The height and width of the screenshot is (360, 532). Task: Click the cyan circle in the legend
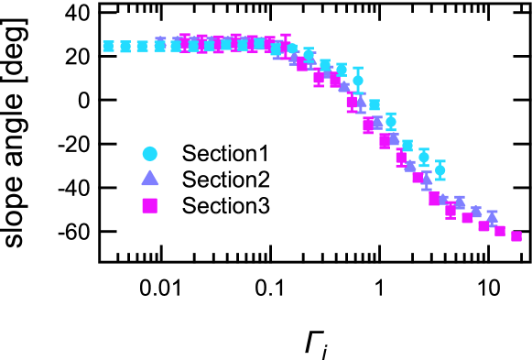pos(149,154)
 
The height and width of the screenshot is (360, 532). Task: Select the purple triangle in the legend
pos(149,179)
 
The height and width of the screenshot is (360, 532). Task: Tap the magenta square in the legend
pos(149,206)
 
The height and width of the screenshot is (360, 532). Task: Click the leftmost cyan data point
pos(108,47)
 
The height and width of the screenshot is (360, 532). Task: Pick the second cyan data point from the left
pos(125,47)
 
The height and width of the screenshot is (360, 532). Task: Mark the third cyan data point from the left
pos(142,46)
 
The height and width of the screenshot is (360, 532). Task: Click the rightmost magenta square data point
pos(516,236)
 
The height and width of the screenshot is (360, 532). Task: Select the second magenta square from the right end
pos(500,231)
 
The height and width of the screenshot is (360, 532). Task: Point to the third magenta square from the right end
pos(483,226)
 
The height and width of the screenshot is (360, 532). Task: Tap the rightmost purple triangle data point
pos(492,218)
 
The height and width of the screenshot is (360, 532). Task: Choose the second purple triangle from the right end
pos(476,212)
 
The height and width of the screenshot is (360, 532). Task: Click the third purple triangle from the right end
pos(460,202)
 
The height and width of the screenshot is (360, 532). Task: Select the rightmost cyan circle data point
pos(440,169)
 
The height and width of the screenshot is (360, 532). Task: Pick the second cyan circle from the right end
pos(424,157)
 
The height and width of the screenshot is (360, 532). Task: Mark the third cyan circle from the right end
pos(391,121)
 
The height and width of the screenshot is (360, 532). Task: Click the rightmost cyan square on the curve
pos(407,145)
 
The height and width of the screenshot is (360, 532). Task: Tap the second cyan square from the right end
pos(375,104)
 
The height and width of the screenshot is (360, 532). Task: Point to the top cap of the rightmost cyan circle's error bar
pos(440,160)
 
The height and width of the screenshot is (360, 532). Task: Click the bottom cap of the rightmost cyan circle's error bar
pos(440,180)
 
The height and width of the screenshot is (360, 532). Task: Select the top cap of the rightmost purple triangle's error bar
pos(492,211)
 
